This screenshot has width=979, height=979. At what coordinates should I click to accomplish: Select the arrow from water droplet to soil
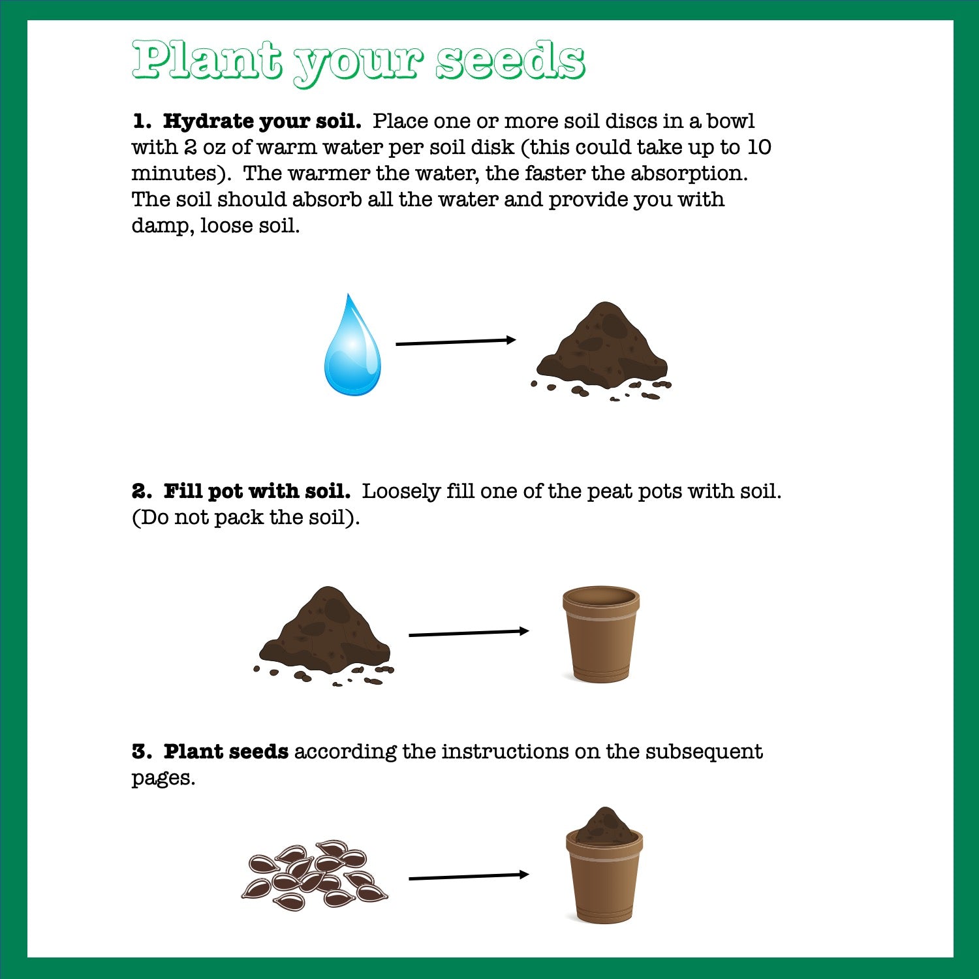[x=456, y=341]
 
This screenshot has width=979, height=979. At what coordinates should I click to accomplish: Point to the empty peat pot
[x=600, y=634]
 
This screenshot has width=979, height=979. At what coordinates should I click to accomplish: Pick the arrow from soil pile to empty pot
[x=468, y=632]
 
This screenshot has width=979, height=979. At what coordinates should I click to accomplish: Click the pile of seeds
[x=313, y=875]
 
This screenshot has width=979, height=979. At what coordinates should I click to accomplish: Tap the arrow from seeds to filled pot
[x=468, y=877]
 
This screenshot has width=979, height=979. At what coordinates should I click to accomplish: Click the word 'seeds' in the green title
[x=510, y=60]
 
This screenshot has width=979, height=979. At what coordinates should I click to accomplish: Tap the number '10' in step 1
[x=758, y=148]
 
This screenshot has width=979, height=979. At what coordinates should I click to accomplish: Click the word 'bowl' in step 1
[x=730, y=121]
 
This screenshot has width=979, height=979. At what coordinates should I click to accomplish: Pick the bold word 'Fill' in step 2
[x=182, y=491]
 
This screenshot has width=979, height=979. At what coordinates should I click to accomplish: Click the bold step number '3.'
[x=142, y=752]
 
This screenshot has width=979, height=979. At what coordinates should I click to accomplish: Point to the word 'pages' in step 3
[x=161, y=779]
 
